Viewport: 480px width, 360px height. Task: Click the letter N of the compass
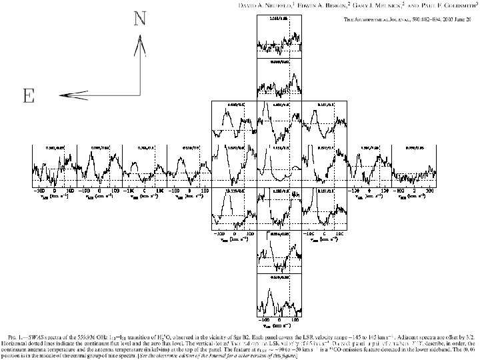click(x=140, y=18)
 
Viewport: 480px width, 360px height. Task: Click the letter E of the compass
click(x=29, y=97)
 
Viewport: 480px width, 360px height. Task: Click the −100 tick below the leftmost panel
click(x=41, y=191)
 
